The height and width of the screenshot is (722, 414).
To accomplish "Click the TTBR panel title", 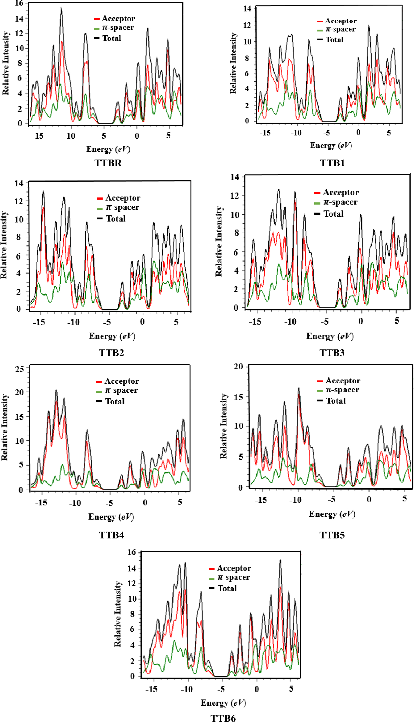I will point(108,163).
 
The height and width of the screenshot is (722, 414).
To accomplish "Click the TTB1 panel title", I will point(332,163).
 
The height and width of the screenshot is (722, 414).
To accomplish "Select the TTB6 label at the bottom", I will point(223,718).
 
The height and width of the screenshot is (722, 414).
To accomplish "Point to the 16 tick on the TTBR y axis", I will point(19,3).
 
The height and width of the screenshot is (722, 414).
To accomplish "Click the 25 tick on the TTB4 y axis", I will point(19,369).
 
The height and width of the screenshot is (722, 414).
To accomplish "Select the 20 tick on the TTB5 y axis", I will point(238,367).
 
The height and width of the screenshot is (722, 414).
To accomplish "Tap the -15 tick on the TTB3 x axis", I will point(255,322).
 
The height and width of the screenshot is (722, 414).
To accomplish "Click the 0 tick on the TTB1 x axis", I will point(358,133).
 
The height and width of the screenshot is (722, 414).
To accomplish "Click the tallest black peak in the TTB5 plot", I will point(299,388).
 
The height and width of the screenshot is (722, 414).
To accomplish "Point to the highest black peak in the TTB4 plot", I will point(56,391).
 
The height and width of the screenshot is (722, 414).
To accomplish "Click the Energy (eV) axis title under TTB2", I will point(112,336).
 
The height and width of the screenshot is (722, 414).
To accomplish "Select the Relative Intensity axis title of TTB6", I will point(118,614).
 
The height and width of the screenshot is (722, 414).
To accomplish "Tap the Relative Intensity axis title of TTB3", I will point(219,242).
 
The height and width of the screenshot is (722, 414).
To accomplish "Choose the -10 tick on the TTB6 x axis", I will point(187,689).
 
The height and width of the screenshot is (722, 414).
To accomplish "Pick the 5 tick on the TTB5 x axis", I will point(405,499).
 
